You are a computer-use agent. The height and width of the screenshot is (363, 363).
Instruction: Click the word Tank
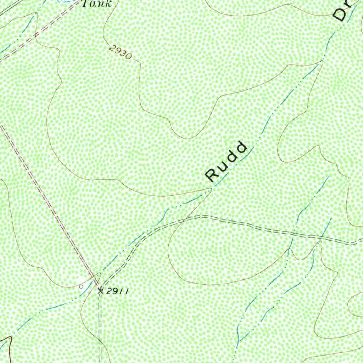click(96, 4)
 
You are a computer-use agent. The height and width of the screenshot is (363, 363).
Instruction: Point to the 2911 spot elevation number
click(117, 291)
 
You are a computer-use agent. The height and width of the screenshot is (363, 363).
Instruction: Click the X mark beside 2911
click(100, 291)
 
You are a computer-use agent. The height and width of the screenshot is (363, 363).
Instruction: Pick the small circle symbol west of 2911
click(81, 286)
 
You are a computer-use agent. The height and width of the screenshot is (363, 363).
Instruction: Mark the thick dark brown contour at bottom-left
click(9, 346)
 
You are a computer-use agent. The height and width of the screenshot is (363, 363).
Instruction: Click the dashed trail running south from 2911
click(100, 326)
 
